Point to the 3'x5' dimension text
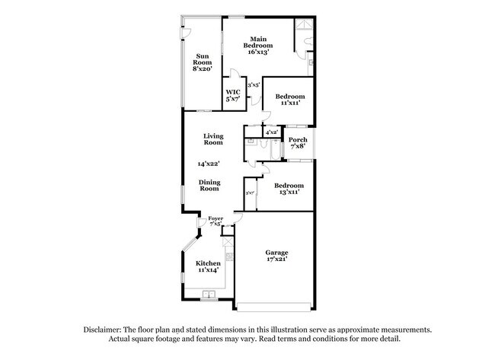point(253,85)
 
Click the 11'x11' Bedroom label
point(289,100)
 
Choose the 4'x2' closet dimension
point(271,132)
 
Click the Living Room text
point(212,139)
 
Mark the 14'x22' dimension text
point(209,164)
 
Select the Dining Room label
point(209,185)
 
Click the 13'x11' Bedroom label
point(289,190)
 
